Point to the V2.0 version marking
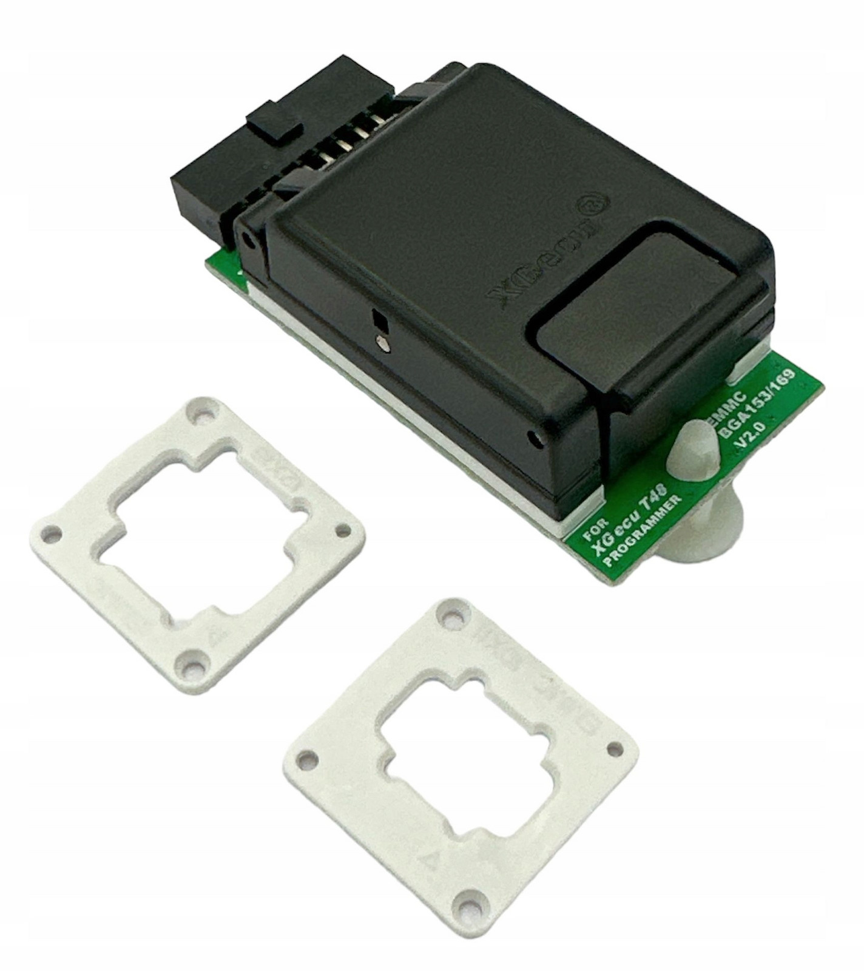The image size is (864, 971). [752, 436]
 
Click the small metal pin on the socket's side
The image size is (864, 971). [382, 343]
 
